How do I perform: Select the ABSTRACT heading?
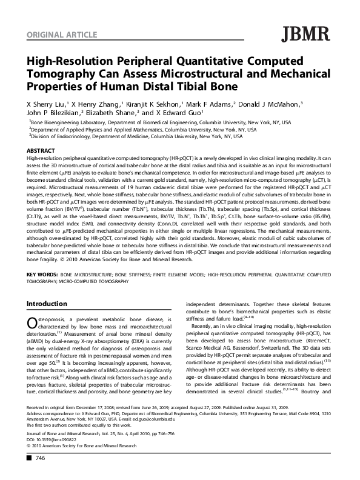coord(42,149)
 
